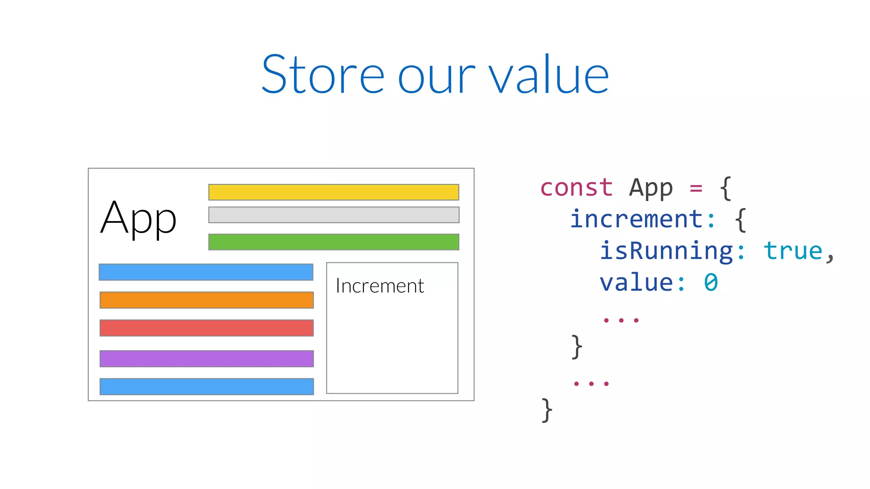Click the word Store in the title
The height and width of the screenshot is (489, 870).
point(323,75)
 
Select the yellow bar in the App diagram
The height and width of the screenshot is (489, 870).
point(333,192)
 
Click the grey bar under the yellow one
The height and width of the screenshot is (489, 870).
point(333,215)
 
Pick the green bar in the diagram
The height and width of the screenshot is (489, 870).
point(333,242)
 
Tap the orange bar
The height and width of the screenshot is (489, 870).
point(206,300)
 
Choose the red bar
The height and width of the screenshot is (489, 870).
point(206,328)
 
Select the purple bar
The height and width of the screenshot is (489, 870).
point(206,359)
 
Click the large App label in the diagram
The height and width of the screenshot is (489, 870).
point(138,219)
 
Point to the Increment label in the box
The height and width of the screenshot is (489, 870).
point(380,286)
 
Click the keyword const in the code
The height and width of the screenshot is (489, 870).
point(576,188)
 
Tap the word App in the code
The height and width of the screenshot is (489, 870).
point(651,188)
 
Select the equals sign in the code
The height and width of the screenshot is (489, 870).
point(696,188)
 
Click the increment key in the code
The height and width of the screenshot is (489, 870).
point(636,219)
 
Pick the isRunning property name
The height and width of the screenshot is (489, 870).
point(666,251)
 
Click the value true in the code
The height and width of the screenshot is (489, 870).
point(793,251)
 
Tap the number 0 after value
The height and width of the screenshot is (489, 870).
point(711,283)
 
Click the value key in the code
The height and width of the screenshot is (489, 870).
point(636,283)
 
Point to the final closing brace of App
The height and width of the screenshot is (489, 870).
point(547,410)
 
